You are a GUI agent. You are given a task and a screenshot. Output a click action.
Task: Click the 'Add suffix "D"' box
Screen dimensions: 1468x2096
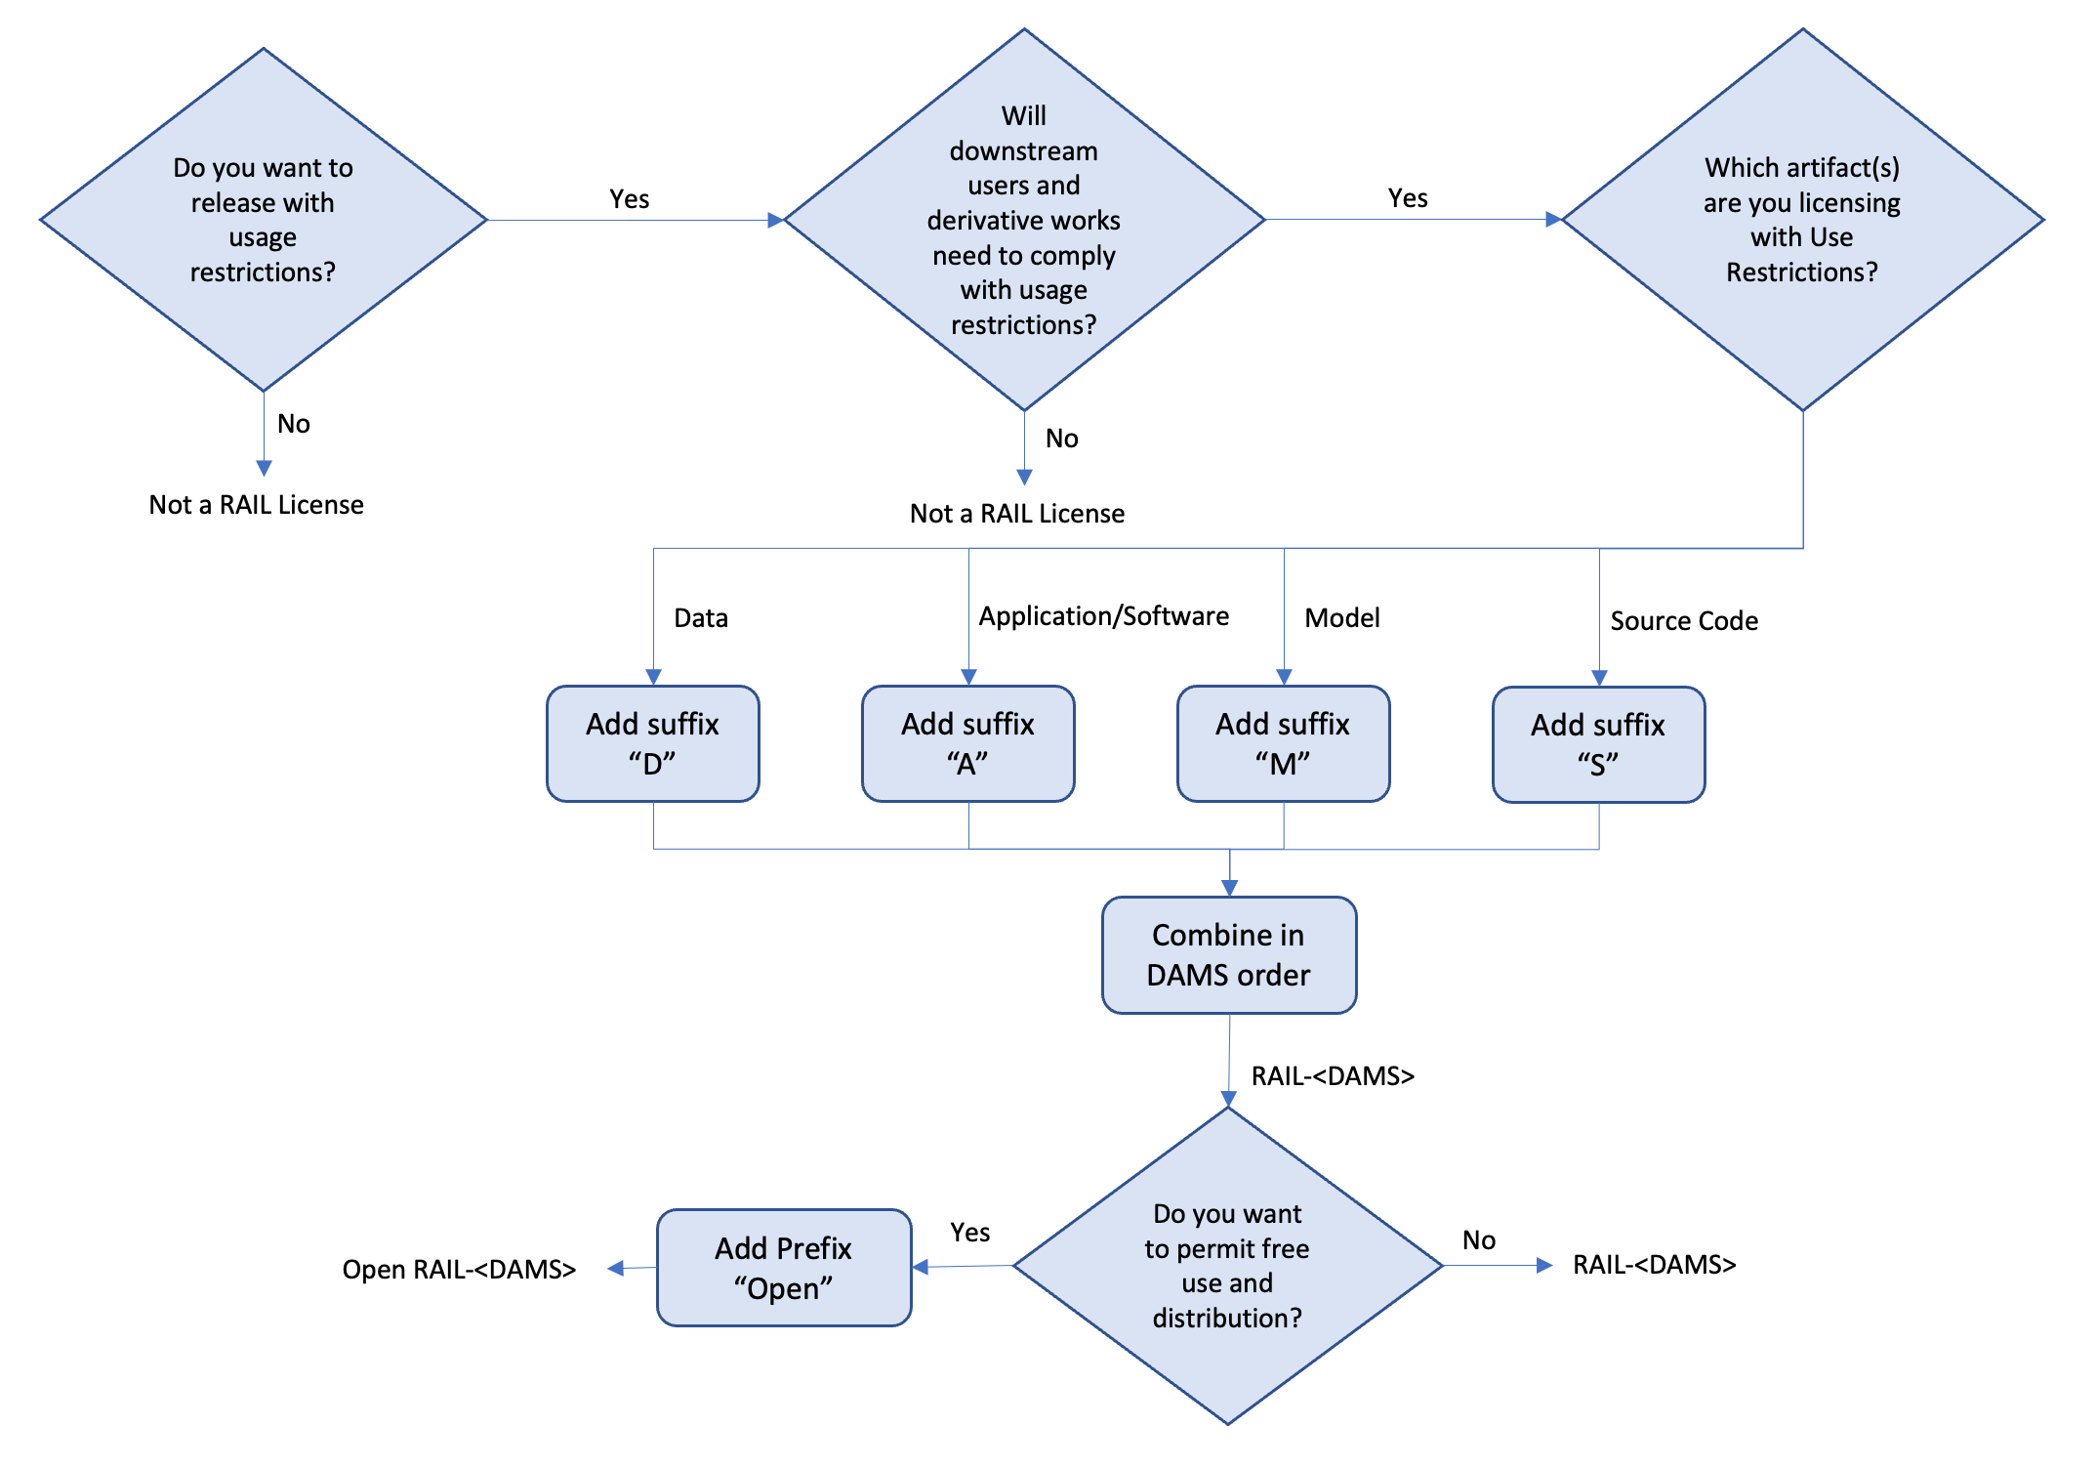652,743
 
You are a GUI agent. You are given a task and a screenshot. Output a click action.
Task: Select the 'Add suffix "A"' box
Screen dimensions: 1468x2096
967,743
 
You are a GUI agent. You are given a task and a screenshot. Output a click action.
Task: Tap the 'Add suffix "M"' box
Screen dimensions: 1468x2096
1283,743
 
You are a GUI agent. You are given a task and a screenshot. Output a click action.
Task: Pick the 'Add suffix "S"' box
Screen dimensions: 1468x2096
1598,744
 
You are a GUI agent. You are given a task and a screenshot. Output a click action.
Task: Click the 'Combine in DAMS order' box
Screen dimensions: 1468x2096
1228,954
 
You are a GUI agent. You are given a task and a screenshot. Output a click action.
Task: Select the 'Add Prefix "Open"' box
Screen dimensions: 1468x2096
783,1267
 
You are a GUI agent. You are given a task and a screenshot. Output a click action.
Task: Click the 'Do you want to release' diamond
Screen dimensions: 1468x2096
263,220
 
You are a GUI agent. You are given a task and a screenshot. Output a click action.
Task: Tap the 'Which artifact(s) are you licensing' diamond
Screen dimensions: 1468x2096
1802,220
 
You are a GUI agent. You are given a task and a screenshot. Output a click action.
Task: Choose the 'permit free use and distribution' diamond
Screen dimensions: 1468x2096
1227,1265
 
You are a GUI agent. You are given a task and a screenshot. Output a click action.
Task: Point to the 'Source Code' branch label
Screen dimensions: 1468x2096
1683,620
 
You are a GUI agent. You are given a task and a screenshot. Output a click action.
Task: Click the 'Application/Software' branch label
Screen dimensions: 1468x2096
1103,615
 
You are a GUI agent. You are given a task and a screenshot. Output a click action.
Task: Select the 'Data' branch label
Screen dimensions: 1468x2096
700,617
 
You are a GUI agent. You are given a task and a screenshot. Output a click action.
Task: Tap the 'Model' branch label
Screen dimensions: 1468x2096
1341,617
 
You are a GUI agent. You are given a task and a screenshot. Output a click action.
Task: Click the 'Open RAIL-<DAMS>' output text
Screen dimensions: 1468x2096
458,1269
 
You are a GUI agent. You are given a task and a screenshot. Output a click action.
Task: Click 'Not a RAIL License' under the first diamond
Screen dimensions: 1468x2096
256,504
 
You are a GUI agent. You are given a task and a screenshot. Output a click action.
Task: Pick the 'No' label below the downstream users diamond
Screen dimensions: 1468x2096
1061,438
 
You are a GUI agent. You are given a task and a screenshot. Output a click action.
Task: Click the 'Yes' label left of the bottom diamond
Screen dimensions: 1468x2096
969,1232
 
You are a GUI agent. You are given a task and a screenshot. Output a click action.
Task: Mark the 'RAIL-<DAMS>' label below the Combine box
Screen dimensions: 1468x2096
1332,1075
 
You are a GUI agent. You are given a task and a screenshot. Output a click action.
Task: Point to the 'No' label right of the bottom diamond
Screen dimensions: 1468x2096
1478,1239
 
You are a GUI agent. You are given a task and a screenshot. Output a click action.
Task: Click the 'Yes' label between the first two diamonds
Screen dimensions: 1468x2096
629,198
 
